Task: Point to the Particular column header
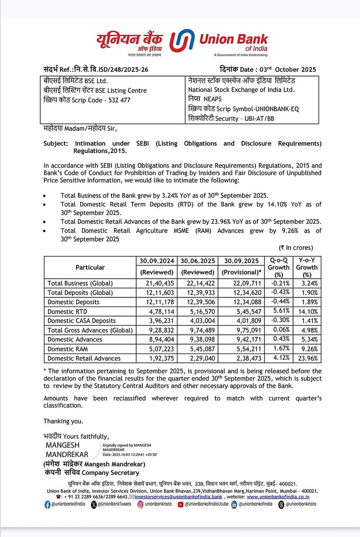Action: [x=90, y=267]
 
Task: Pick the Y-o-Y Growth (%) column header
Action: [x=307, y=267]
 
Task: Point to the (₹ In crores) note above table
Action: [x=296, y=247]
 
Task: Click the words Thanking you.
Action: [x=63, y=421]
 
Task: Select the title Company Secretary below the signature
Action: [x=114, y=473]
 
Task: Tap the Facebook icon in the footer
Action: [x=47, y=505]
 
